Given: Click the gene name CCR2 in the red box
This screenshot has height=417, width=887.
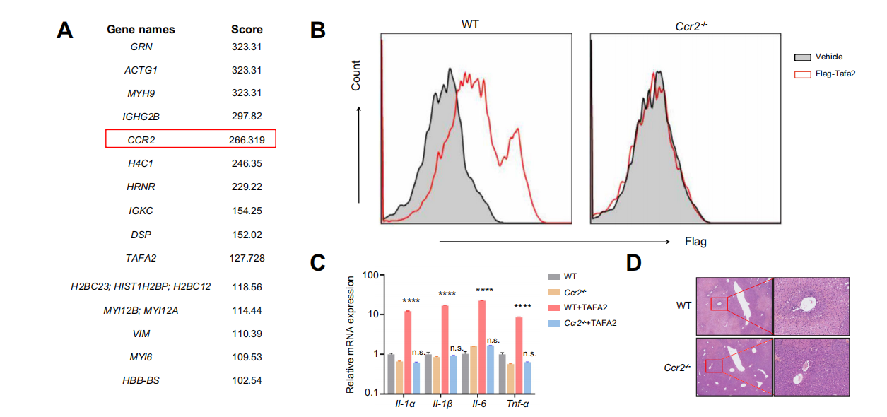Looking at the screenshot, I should [x=141, y=140].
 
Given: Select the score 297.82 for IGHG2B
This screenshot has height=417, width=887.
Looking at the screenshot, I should [x=247, y=116].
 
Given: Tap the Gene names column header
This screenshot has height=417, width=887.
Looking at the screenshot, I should [x=141, y=30].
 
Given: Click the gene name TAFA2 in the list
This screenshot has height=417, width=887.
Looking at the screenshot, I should [x=141, y=259].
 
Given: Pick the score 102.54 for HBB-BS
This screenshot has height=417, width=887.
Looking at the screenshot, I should [x=247, y=380].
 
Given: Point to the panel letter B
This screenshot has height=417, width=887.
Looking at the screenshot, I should [x=318, y=30].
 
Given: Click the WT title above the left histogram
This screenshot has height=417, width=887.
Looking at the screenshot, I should [x=471, y=23].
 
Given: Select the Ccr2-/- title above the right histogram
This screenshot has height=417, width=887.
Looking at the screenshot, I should [x=686, y=23].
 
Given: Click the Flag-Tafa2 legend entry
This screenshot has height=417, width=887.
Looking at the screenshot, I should [x=835, y=73].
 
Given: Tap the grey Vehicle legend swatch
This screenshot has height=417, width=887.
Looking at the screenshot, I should [x=801, y=57].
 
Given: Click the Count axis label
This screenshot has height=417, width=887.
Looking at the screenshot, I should [x=356, y=76].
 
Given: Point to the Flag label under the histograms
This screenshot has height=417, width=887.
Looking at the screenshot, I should [x=695, y=242].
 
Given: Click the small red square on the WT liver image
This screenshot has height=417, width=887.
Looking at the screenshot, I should [x=719, y=304].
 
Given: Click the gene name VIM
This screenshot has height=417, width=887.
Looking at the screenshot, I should [x=141, y=333].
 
